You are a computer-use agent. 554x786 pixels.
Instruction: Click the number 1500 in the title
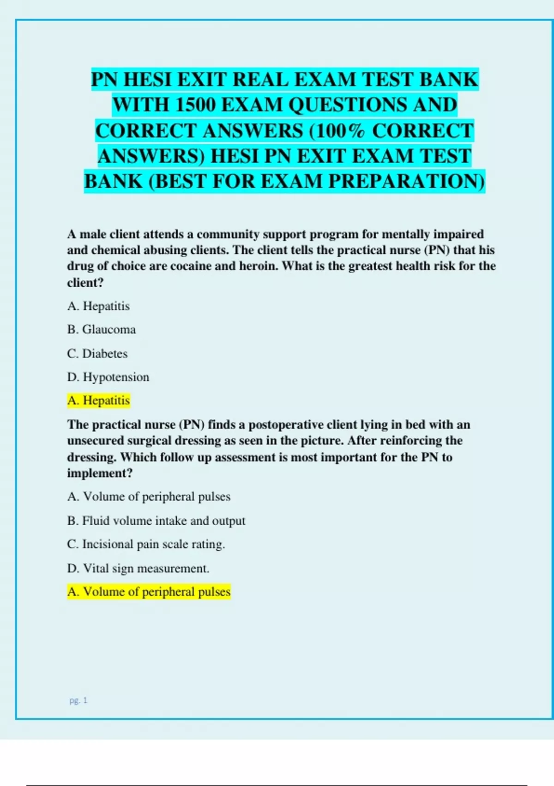point(195,105)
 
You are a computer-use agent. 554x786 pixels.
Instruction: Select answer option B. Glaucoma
point(102,330)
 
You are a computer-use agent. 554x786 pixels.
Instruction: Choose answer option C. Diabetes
point(97,354)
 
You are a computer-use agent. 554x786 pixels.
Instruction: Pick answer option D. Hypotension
point(108,377)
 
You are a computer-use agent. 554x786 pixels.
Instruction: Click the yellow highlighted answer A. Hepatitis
point(99,400)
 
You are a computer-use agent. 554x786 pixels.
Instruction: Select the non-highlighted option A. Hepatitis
point(99,306)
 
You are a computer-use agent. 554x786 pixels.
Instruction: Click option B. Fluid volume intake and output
point(156,521)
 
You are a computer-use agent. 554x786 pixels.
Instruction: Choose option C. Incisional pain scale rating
point(146,544)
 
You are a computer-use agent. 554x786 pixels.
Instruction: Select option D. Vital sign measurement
point(138,568)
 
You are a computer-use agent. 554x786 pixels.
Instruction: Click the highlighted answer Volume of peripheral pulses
point(149,592)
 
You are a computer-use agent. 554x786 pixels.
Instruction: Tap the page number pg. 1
point(78,700)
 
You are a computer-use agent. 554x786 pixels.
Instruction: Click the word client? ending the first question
point(85,282)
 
